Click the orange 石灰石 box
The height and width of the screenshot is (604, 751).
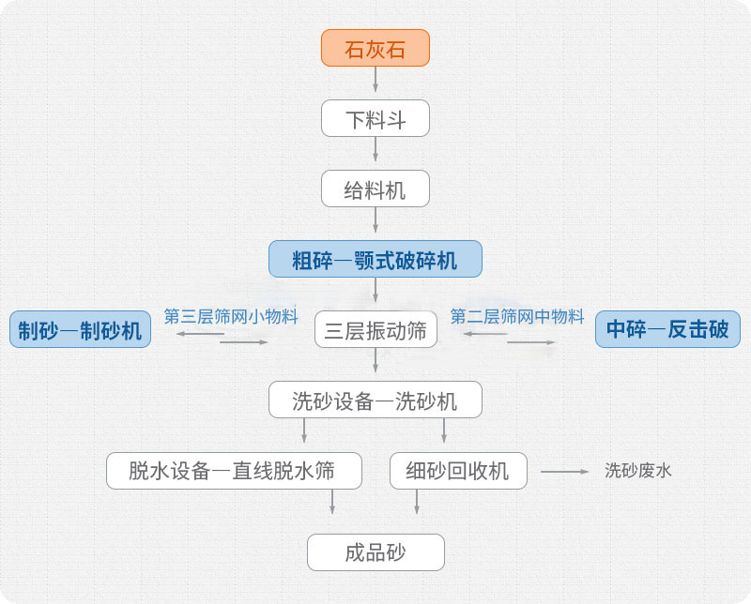pyautogui.click(x=375, y=48)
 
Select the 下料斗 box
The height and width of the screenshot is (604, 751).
pyautogui.click(x=375, y=119)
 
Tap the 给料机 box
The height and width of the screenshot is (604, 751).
pyautogui.click(x=375, y=189)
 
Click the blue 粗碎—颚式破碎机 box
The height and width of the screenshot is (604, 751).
pyautogui.click(x=375, y=260)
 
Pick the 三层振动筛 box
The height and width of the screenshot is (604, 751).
pyautogui.click(x=375, y=330)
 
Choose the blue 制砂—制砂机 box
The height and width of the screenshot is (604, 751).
pyautogui.click(x=80, y=330)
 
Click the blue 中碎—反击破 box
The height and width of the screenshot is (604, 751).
pyautogui.click(x=667, y=330)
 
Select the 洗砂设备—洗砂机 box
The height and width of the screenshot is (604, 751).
pyautogui.click(x=375, y=400)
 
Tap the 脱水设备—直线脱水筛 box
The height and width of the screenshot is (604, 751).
pyautogui.click(x=233, y=471)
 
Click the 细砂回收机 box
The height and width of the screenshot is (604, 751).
pyautogui.click(x=458, y=471)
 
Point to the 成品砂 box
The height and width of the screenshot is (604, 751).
pyautogui.click(x=375, y=551)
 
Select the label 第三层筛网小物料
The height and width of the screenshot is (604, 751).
pyautogui.click(x=231, y=316)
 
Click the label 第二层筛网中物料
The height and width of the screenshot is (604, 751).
pyautogui.click(x=517, y=316)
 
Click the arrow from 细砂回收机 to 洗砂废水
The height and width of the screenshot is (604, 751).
pyautogui.click(x=563, y=471)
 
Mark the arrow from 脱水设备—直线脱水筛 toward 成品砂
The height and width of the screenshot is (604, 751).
pyautogui.click(x=331, y=502)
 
